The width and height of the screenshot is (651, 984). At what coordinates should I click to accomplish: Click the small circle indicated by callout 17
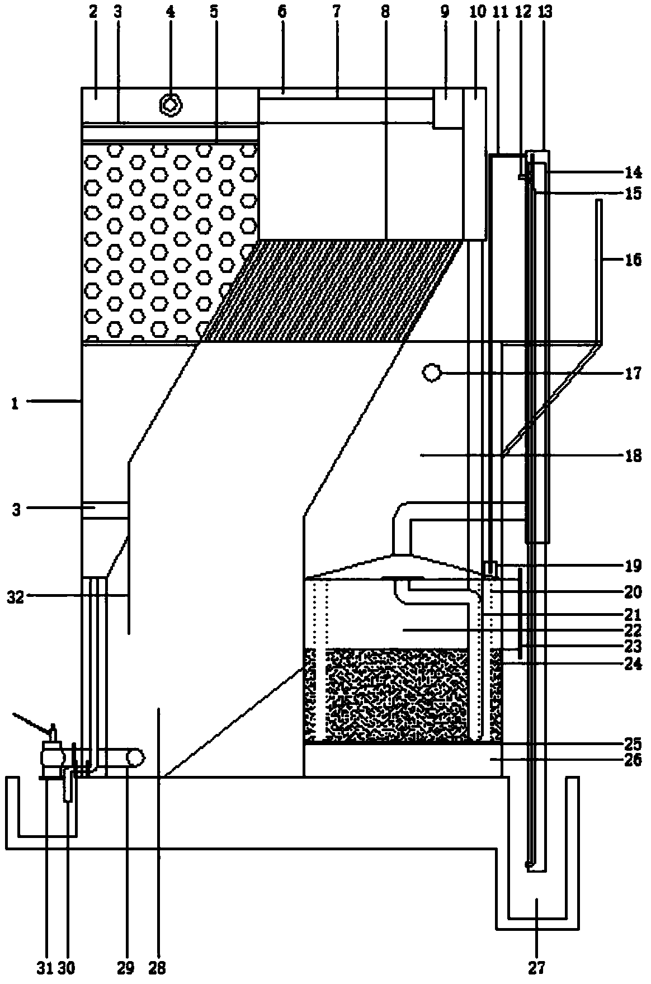[x=432, y=373]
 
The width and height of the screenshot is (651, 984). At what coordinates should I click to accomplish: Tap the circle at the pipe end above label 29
[x=136, y=757]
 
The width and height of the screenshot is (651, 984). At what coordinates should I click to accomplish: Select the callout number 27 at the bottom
[x=536, y=966]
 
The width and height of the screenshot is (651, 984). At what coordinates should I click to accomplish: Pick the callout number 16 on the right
[x=633, y=260]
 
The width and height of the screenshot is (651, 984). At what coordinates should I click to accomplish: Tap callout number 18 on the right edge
[x=633, y=456]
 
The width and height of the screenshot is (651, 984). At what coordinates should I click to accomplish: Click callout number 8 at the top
[x=385, y=12]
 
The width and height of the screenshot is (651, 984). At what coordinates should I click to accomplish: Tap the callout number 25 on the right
[x=633, y=744]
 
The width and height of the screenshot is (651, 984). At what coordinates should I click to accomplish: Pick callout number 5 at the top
[x=215, y=12]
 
